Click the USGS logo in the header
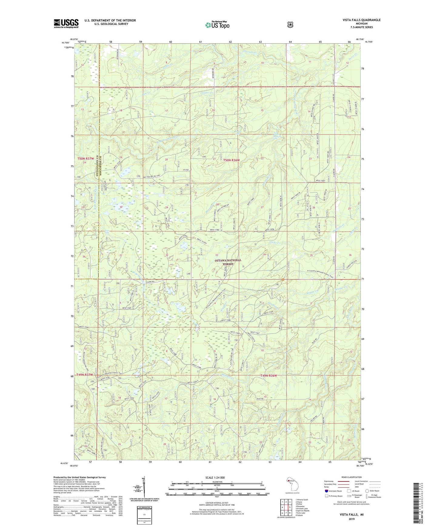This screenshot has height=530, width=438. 66,23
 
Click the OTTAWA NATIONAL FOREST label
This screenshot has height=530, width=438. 228,262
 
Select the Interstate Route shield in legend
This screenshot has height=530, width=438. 326,491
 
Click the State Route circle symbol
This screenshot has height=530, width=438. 367,491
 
